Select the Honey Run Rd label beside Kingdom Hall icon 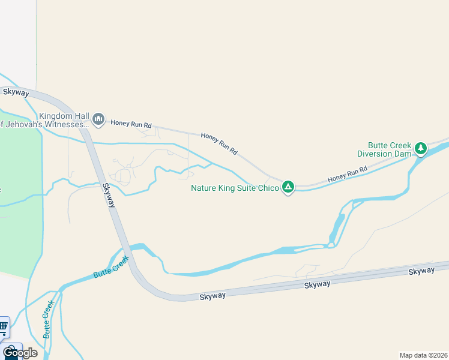(131, 124)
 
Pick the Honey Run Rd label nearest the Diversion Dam (347, 175)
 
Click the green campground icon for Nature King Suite (289, 187)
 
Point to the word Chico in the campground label (268, 188)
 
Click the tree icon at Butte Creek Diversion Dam (421, 148)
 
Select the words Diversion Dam (384, 154)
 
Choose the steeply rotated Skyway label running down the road (109, 196)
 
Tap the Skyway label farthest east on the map (421, 272)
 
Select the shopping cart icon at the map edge (3, 327)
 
